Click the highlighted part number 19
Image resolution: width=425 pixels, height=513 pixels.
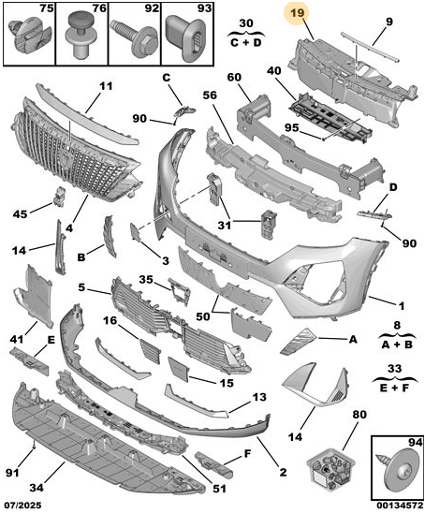297,13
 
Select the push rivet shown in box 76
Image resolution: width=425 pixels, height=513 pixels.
81,34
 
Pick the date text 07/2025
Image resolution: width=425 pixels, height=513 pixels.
22,506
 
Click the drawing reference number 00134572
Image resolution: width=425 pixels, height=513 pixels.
397,506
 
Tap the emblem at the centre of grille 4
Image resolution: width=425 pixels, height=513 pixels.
66,160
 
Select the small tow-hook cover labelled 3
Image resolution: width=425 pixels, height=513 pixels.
135,232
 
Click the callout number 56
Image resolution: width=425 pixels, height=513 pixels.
210,95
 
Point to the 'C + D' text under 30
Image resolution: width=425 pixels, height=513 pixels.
246,42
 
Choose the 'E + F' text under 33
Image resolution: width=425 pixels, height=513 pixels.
395,388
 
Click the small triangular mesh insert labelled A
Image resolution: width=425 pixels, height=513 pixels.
297,341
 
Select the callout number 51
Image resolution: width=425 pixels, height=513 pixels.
219,489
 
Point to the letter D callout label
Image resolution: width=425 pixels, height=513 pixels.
393,187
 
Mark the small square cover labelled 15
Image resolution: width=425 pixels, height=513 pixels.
179,369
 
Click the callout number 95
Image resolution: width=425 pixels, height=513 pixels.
291,127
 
